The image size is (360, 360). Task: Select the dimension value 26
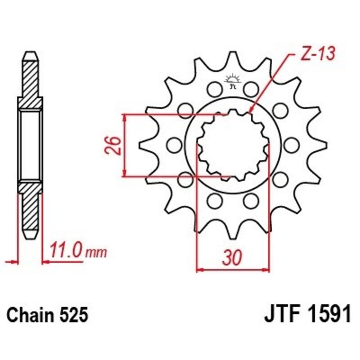[113, 145]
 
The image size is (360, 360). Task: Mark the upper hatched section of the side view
[30, 81]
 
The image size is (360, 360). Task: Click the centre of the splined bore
[233, 145]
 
